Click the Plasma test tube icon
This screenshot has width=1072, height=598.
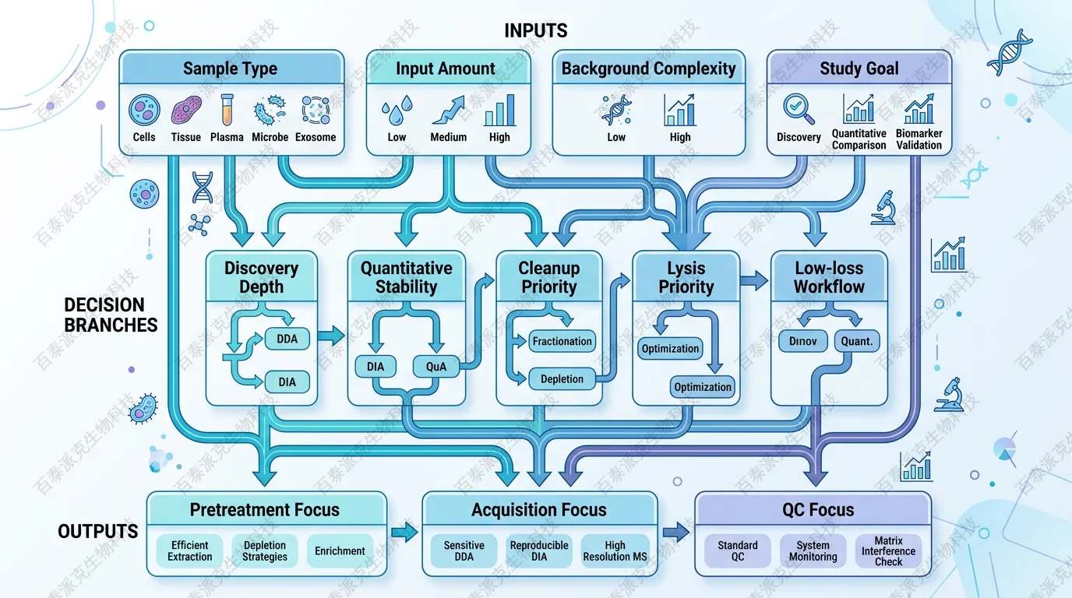coord(227,110)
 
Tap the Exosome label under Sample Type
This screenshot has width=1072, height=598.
coord(316,137)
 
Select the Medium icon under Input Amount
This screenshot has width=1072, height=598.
coord(448,111)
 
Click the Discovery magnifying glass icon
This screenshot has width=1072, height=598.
coord(799,109)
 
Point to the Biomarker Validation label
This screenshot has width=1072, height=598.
coord(919,139)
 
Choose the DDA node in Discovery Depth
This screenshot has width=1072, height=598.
coord(287,339)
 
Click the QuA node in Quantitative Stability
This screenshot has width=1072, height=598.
coord(436,366)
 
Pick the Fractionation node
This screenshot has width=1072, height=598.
coord(562,341)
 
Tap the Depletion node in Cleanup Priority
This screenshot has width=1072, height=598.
coord(562,379)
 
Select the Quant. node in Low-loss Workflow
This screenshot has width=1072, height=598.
coord(857,340)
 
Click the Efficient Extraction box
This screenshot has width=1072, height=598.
coord(190,551)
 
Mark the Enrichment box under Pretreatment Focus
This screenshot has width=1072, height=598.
coord(340,551)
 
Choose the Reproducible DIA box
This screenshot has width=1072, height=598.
coord(539,551)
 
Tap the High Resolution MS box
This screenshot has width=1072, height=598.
coord(615,551)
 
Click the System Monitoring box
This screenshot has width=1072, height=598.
coord(813,551)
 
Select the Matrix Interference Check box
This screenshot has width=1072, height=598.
coord(888,551)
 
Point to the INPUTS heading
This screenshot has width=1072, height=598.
coord(536,31)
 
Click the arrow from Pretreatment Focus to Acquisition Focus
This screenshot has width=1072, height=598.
coord(404,533)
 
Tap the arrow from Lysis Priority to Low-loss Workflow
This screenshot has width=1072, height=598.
coord(753,281)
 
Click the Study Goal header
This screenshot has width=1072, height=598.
coord(859,69)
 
